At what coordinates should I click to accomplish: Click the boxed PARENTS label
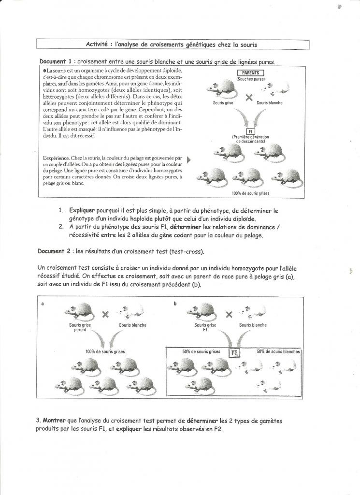click(x=250, y=73)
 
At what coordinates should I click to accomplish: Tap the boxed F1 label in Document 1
click(x=250, y=131)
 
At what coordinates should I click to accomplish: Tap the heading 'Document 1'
click(x=56, y=62)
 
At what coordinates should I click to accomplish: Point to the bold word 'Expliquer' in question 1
click(x=83, y=211)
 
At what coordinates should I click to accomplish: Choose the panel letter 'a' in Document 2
click(x=43, y=304)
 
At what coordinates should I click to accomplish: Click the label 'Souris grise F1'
click(x=205, y=328)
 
